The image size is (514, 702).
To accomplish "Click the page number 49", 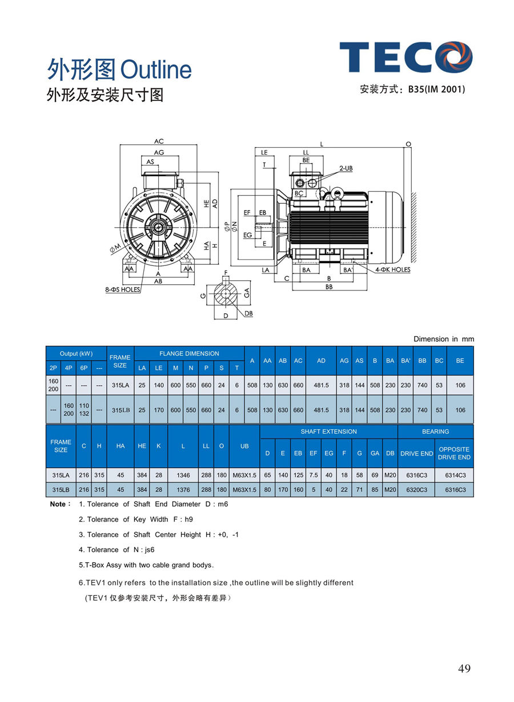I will [x=464, y=668].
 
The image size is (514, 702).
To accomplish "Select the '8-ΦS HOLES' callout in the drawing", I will [x=123, y=290].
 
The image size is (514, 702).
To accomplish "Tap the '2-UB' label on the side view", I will [x=346, y=169].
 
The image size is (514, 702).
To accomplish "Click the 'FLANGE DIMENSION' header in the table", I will [x=189, y=354].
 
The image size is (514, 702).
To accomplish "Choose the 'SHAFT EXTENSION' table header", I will [x=328, y=431].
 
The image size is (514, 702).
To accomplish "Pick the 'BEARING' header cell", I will [x=436, y=431].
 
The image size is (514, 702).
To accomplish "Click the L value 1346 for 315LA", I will [x=183, y=475].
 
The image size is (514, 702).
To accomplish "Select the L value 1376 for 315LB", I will [x=183, y=490].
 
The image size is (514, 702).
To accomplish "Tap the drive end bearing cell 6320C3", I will [x=416, y=490].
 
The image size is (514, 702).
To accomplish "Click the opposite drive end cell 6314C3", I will [x=455, y=475].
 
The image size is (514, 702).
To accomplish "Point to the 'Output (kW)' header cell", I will [x=76, y=354].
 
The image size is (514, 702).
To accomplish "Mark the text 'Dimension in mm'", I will [x=444, y=339].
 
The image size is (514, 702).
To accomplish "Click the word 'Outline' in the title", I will [x=156, y=70].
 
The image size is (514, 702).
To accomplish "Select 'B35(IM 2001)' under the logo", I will [x=436, y=90].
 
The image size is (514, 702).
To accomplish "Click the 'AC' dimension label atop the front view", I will [x=159, y=141].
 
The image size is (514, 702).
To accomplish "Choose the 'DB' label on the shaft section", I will [x=248, y=313].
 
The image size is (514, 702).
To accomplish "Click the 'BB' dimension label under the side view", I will [x=329, y=287].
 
